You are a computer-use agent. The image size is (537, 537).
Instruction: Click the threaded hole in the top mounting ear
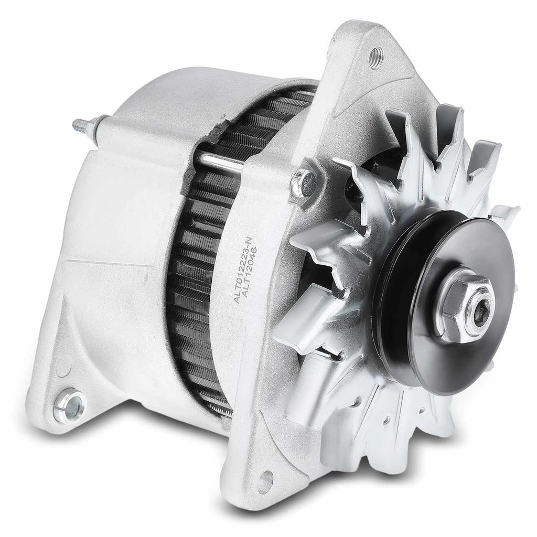point(376,55)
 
